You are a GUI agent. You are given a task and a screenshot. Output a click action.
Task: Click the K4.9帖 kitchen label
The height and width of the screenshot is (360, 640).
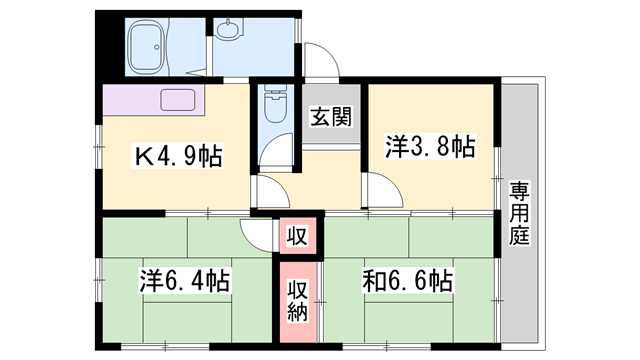[x=180, y=156]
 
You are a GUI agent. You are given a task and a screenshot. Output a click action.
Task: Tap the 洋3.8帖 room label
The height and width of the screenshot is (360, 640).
[x=430, y=148]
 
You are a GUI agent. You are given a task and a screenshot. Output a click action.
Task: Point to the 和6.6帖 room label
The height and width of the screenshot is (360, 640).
[x=405, y=279]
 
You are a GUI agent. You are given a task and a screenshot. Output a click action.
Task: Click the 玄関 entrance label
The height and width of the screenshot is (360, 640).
[x=330, y=117]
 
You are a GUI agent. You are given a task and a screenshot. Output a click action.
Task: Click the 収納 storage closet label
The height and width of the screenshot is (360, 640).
[x=299, y=299]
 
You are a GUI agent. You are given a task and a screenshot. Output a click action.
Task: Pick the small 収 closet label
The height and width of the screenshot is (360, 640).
[x=298, y=238]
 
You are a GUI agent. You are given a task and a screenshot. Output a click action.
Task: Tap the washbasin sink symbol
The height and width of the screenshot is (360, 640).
[x=227, y=31]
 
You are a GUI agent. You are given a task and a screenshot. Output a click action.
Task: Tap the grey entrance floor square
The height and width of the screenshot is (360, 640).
[x=330, y=125]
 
